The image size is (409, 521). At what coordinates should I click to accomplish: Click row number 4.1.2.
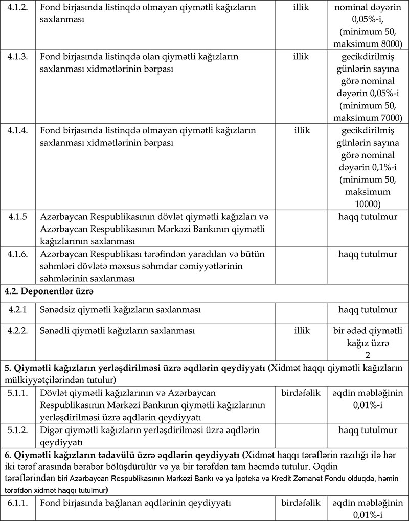click(x=18, y=8)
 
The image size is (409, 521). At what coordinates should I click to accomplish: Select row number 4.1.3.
click(x=18, y=56)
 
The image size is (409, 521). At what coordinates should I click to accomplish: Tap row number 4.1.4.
click(x=18, y=130)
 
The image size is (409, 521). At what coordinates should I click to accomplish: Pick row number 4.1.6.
click(x=18, y=254)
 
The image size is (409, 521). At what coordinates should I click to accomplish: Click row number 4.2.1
click(x=17, y=310)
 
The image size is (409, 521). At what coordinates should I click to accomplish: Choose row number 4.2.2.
click(x=18, y=331)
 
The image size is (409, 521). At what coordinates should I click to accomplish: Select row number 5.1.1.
click(x=18, y=393)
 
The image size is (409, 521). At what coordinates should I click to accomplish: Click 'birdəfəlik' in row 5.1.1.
click(x=301, y=393)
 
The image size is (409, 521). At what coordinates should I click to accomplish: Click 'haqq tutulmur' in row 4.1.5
click(x=368, y=216)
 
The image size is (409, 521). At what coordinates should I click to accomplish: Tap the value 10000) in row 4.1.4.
click(x=368, y=203)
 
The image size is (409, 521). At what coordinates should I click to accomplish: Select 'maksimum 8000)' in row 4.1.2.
click(x=368, y=42)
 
